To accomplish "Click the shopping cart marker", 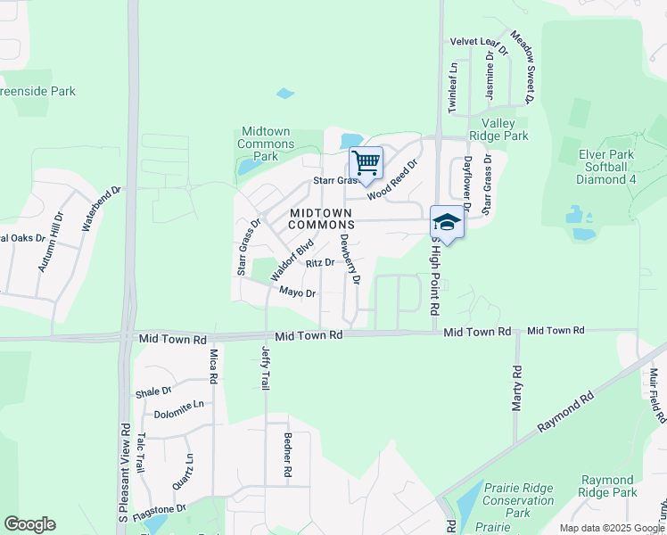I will coord(366,164).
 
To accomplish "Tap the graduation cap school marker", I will coord(447,222).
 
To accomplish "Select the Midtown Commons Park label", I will coord(267,144).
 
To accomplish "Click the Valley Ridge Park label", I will coord(505,129).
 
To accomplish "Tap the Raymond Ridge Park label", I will coord(607,486).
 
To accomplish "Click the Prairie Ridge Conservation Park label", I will coord(518,500).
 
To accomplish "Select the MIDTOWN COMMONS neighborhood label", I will coord(321,218).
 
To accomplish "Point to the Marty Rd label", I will coord(516,388).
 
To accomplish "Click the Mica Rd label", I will coord(213,366).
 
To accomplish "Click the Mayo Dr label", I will coord(298,292).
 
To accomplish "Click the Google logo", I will coord(29,524).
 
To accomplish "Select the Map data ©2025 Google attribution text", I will coord(612,528).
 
